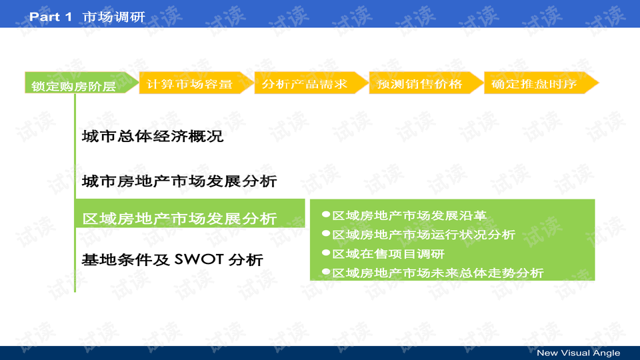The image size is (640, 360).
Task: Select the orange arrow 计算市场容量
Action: click(x=189, y=84)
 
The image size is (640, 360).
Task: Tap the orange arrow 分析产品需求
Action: click(x=305, y=84)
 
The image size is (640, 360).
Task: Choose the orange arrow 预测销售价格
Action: click(x=419, y=84)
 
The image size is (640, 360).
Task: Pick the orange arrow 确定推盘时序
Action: click(x=534, y=84)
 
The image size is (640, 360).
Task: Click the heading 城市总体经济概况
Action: click(x=152, y=137)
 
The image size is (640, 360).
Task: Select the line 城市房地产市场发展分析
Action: click(x=179, y=181)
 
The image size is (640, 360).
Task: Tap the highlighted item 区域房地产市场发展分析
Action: click(x=179, y=219)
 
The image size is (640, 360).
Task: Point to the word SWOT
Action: click(x=199, y=259)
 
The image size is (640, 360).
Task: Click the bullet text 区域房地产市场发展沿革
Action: click(x=409, y=215)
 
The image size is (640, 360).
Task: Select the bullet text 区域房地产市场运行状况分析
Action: click(x=423, y=235)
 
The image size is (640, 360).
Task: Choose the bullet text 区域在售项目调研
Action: click(x=388, y=253)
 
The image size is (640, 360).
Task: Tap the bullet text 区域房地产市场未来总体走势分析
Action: click(x=438, y=273)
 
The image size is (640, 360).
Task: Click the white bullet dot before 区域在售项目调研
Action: click(x=326, y=253)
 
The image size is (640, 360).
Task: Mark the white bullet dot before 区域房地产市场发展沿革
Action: click(x=326, y=215)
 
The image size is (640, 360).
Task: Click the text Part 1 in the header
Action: click(x=50, y=17)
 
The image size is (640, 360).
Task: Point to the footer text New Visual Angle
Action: click(x=578, y=353)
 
